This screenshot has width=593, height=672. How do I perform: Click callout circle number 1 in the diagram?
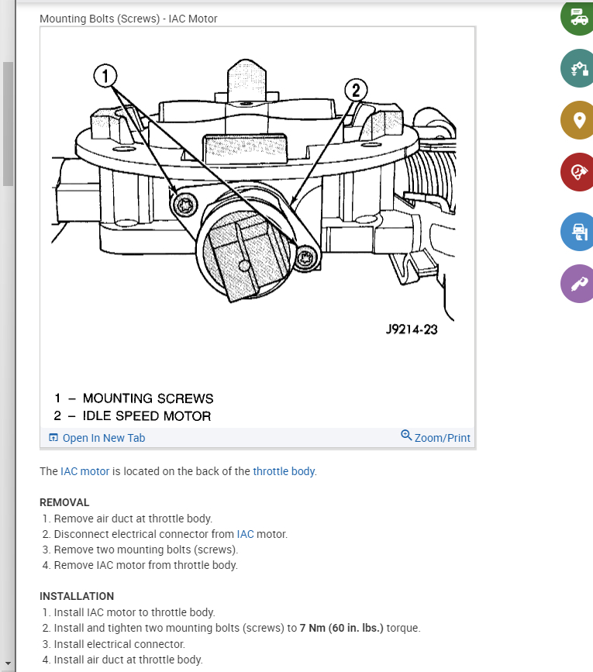(105, 76)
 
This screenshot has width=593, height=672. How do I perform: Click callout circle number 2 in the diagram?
(356, 90)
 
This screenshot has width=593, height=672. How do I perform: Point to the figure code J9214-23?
(411, 329)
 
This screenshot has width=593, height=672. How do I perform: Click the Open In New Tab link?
(97, 438)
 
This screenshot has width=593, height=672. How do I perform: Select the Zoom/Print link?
(436, 437)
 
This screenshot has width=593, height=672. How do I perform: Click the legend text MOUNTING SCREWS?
(147, 398)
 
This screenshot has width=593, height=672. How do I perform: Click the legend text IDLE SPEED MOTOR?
(147, 416)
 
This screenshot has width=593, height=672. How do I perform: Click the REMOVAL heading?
(64, 502)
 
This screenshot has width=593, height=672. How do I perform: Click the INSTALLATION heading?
(77, 596)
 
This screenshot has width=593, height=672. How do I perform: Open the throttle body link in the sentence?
(284, 471)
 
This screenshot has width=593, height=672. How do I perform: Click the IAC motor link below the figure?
(84, 471)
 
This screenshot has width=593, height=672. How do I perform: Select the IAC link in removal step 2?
(245, 534)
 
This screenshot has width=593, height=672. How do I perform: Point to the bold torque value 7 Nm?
(315, 628)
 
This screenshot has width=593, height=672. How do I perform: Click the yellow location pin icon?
(577, 120)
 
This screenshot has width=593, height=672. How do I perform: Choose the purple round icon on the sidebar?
(577, 284)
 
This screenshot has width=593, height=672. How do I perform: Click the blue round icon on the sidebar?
(577, 231)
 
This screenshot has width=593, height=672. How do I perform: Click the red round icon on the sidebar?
(577, 172)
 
